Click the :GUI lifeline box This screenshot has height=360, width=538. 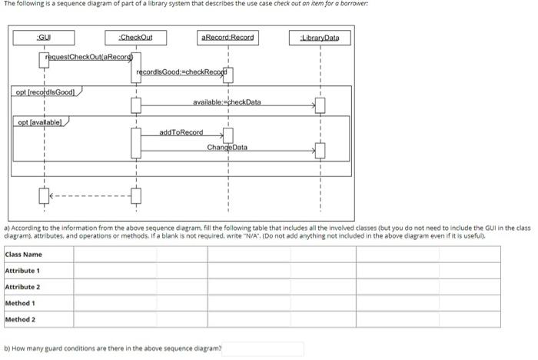44,38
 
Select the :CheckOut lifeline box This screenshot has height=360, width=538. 136,38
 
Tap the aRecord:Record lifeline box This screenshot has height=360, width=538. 227,37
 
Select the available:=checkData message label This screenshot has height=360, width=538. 227,102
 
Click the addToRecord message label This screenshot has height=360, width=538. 181,133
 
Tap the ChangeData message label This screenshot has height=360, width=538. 227,146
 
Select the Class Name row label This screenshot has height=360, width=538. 24,255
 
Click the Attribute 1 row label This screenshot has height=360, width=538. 22,271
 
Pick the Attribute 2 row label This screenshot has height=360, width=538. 22,287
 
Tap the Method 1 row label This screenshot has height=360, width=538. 20,303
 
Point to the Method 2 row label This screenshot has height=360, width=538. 20,319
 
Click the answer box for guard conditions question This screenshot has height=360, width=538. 264,348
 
